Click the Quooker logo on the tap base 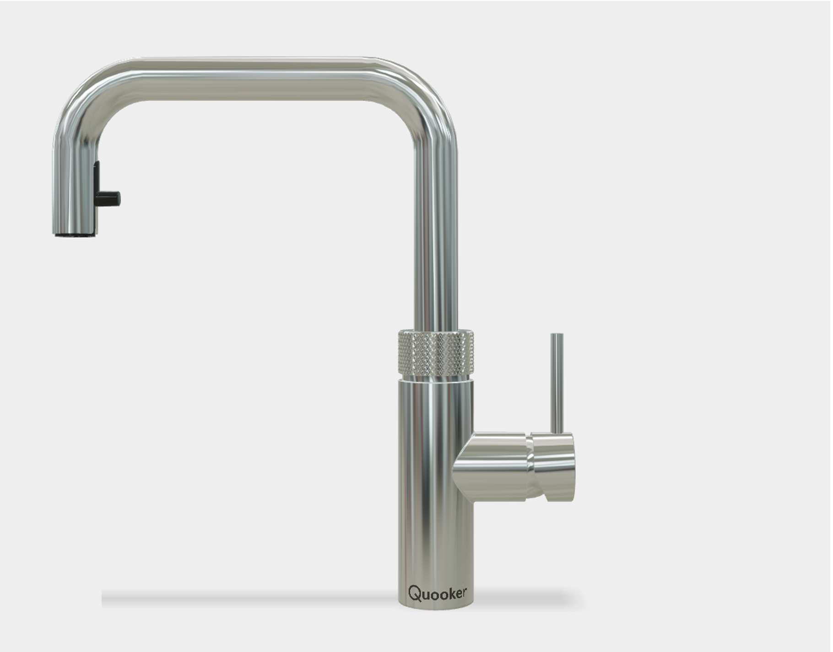[x=437, y=593]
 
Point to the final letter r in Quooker [x=465, y=593]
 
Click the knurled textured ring [x=436, y=353]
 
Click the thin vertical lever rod [x=557, y=384]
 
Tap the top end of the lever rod [x=557, y=336]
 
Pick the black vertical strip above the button [x=96, y=176]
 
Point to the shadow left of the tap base [x=247, y=598]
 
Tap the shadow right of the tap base [x=526, y=598]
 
